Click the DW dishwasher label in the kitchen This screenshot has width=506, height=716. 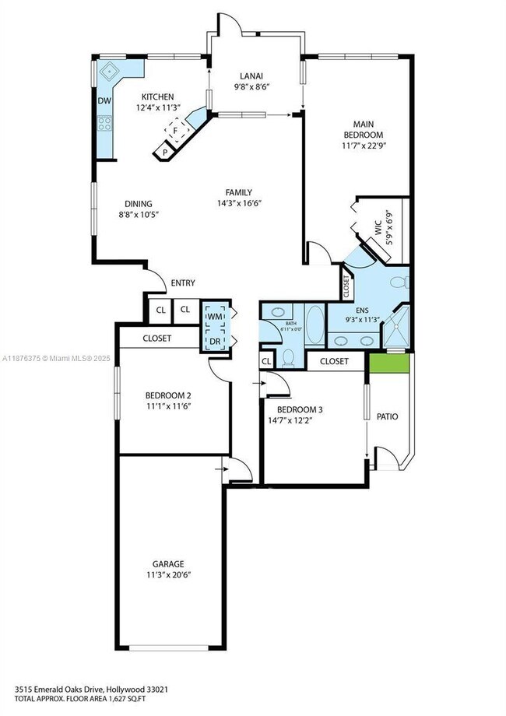tap(104, 100)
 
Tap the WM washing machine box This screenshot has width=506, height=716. tap(213, 317)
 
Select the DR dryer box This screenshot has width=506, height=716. tap(213, 341)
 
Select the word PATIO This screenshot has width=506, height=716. tap(388, 417)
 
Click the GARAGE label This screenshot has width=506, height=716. tap(169, 563)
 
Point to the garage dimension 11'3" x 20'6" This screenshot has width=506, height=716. tap(169, 576)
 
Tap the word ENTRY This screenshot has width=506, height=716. tap(182, 283)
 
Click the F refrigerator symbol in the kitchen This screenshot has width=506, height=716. tap(177, 130)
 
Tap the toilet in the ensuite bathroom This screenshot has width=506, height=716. tap(399, 282)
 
